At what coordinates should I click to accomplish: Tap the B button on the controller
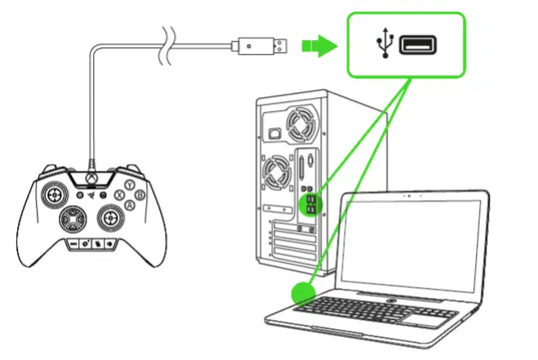click(140, 195)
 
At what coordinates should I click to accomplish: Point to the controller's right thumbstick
click(111, 218)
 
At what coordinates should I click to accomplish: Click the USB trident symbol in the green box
click(385, 46)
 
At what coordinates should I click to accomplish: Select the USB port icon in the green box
click(419, 46)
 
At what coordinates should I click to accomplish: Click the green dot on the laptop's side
click(302, 291)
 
